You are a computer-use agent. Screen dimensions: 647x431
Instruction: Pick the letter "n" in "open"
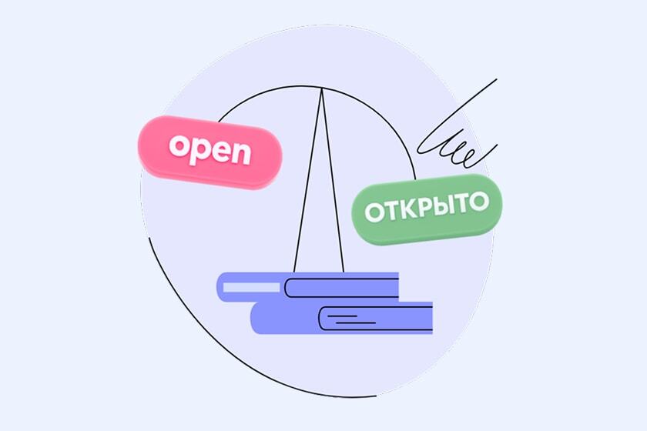coord(241,154)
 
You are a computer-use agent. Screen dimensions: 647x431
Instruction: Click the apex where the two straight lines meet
coord(321,88)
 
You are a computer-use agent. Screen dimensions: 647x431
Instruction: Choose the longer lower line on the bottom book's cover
coord(355,318)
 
